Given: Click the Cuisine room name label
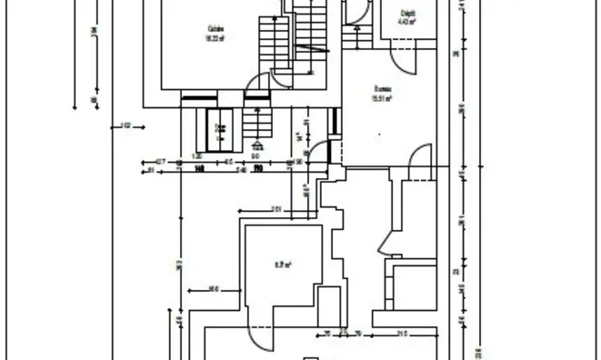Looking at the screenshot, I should coord(215,28).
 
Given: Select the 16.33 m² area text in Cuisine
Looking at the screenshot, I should coord(215,38).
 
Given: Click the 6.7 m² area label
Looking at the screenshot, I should coord(283,265).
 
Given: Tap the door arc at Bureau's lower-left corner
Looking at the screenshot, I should coord(319,152).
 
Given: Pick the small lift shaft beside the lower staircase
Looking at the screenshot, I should coord(219,128).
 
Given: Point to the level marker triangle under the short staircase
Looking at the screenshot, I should coord(258,144).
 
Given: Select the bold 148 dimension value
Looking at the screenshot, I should coord(197,168).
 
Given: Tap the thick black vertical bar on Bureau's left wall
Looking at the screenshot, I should coord(336,121).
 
